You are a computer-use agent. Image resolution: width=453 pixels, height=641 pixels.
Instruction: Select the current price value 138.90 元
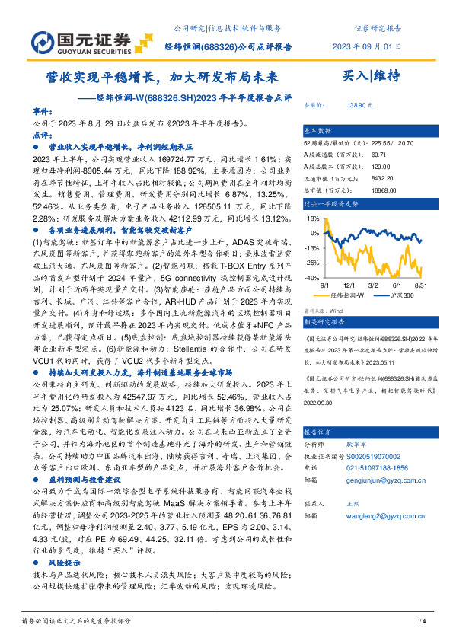[359, 107]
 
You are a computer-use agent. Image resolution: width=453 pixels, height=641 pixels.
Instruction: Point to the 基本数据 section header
[318, 130]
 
